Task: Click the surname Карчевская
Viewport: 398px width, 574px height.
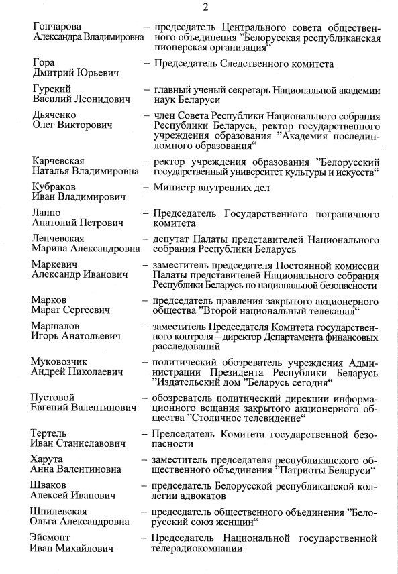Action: point(58,161)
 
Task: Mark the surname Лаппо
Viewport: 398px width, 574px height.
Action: point(46,213)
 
